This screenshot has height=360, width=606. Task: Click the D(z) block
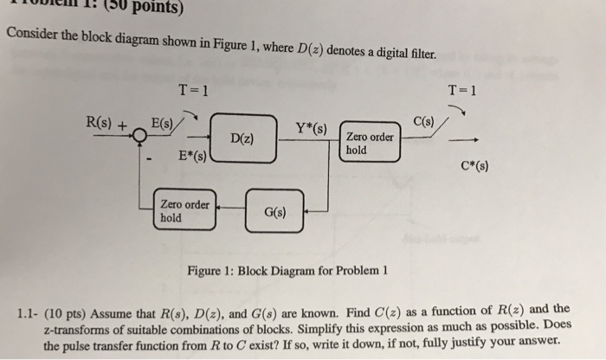tap(242, 138)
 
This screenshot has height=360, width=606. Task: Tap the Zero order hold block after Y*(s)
tap(371, 142)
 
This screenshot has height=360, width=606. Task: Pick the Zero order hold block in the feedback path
tap(184, 210)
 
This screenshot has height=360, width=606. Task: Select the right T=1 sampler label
tap(467, 90)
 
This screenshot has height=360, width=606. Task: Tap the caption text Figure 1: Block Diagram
tap(286, 270)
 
